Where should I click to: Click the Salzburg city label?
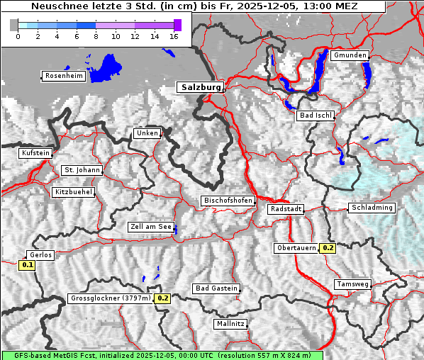[199, 87]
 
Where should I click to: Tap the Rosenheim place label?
[64, 76]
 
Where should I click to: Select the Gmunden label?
[350, 55]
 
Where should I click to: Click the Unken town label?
[147, 133]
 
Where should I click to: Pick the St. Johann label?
[82, 170]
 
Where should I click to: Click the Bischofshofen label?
[228, 201]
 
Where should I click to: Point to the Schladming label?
[372, 208]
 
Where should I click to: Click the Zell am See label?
[150, 227]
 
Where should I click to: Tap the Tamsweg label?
[352, 284]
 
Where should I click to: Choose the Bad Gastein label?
[216, 288]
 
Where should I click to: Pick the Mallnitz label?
[230, 324]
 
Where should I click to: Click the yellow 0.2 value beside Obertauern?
[328, 248]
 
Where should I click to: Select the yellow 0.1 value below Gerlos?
[27, 265]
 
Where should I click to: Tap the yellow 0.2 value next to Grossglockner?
[163, 298]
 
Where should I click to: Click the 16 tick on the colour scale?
[173, 37]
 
